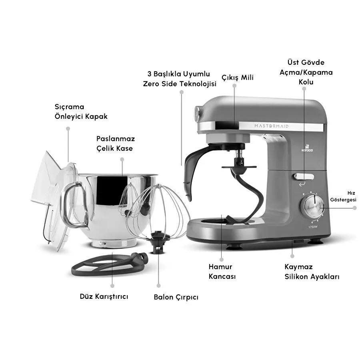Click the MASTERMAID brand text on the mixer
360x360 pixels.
[271, 126]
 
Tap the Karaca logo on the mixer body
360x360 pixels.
[307, 148]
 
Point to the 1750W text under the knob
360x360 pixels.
[313, 227]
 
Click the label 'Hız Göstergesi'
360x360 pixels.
[343, 196]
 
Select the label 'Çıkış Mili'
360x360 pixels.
[238, 78]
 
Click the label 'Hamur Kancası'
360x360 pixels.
[222, 271]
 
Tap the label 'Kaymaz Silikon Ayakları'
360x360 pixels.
[312, 272]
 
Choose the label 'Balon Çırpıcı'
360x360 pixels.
[176, 297]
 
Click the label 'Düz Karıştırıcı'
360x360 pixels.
[104, 296]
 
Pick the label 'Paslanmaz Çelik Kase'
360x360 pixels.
[116, 144]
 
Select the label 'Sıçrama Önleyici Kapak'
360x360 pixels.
[81, 112]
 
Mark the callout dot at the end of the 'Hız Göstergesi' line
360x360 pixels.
[355, 208]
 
